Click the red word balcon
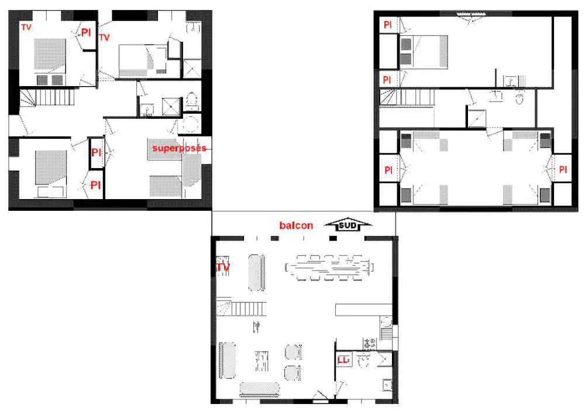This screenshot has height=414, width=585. point(296,225)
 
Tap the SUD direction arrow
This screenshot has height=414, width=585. point(347,224)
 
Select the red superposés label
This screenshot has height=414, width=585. point(179,148)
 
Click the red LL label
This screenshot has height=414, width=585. point(343,360)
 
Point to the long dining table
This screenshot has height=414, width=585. point(329,268)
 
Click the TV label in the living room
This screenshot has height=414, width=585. point(223,267)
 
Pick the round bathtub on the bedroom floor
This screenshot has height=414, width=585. point(191,124)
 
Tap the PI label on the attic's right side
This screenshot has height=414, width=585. point(563,170)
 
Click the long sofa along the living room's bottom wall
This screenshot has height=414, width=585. point(259,389)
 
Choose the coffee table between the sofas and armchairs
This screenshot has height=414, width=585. point(262,361)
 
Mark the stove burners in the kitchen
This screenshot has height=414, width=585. point(370,344)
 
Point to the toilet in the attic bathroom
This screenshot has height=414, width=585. point(519,98)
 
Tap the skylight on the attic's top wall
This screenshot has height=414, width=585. point(471,15)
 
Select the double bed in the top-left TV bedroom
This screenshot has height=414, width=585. point(50,54)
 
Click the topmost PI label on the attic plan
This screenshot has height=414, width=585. point(388,25)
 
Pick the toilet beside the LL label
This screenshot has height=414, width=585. point(363,360)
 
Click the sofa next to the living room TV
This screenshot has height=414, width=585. point(257,272)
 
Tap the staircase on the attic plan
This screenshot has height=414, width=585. point(407,98)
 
